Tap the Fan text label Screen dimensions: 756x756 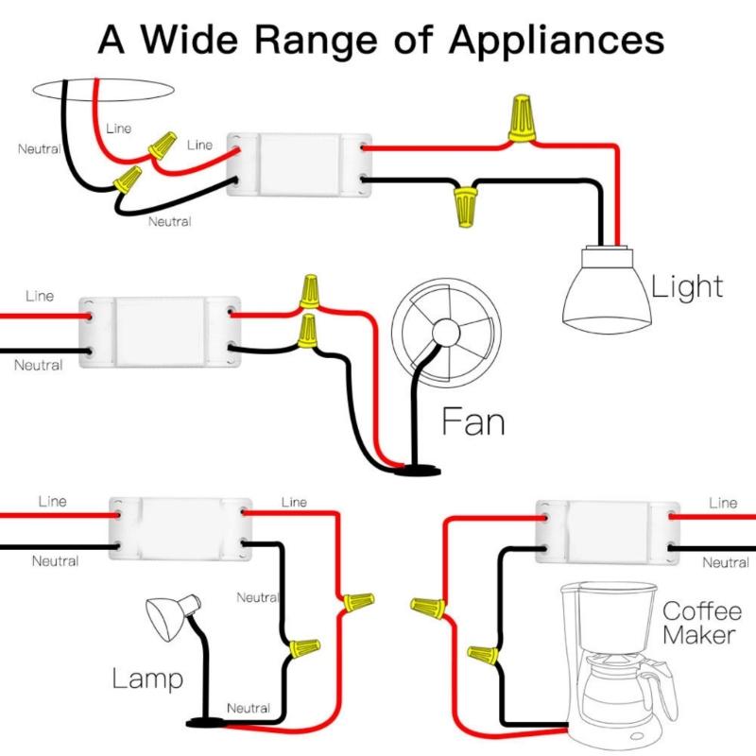[473, 421]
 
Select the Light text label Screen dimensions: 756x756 [688, 286]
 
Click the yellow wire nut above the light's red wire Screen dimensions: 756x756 [519, 118]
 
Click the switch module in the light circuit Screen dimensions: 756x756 [298, 162]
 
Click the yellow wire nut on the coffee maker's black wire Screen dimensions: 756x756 [482, 653]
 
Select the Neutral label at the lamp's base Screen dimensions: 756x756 [248, 708]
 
